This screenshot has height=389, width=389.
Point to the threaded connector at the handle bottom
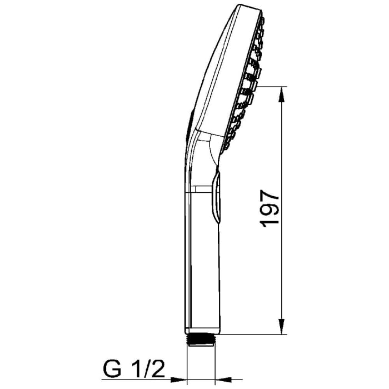pos(201,340)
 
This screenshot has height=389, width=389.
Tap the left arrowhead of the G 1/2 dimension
pos(181,380)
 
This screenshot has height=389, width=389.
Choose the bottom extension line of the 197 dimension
pos(256,335)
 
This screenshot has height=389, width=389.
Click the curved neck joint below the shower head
pos(208,150)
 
